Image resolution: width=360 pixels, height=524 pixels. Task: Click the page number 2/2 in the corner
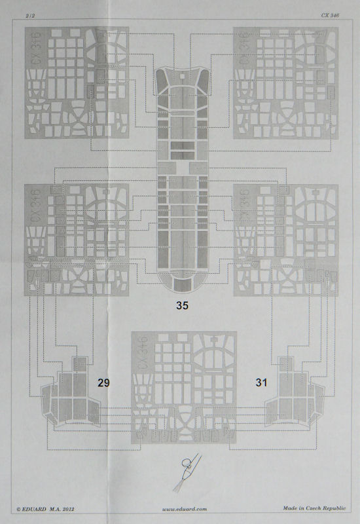click(30, 16)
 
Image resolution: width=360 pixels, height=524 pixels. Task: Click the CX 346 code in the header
click(330, 15)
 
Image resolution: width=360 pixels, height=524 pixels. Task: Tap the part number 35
click(183, 305)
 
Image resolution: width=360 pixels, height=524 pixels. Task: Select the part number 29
click(103, 383)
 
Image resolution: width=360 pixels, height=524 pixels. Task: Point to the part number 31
click(261, 383)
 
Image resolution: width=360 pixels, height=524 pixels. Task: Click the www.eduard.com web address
click(185, 509)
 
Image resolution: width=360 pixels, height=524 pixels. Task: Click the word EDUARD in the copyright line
click(35, 509)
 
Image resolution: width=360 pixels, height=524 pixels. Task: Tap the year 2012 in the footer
click(67, 509)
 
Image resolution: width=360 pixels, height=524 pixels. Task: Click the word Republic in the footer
click(336, 508)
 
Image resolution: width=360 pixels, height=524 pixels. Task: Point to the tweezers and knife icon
click(187, 472)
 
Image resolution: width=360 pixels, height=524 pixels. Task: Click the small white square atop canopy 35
click(182, 76)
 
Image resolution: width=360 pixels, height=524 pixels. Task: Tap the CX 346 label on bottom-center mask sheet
click(143, 353)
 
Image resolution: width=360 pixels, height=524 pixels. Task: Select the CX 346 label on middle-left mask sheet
click(37, 205)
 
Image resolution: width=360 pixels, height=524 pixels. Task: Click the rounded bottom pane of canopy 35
click(183, 284)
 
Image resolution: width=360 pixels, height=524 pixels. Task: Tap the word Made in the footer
click(290, 508)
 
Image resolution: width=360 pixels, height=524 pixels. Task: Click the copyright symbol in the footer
click(19, 510)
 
